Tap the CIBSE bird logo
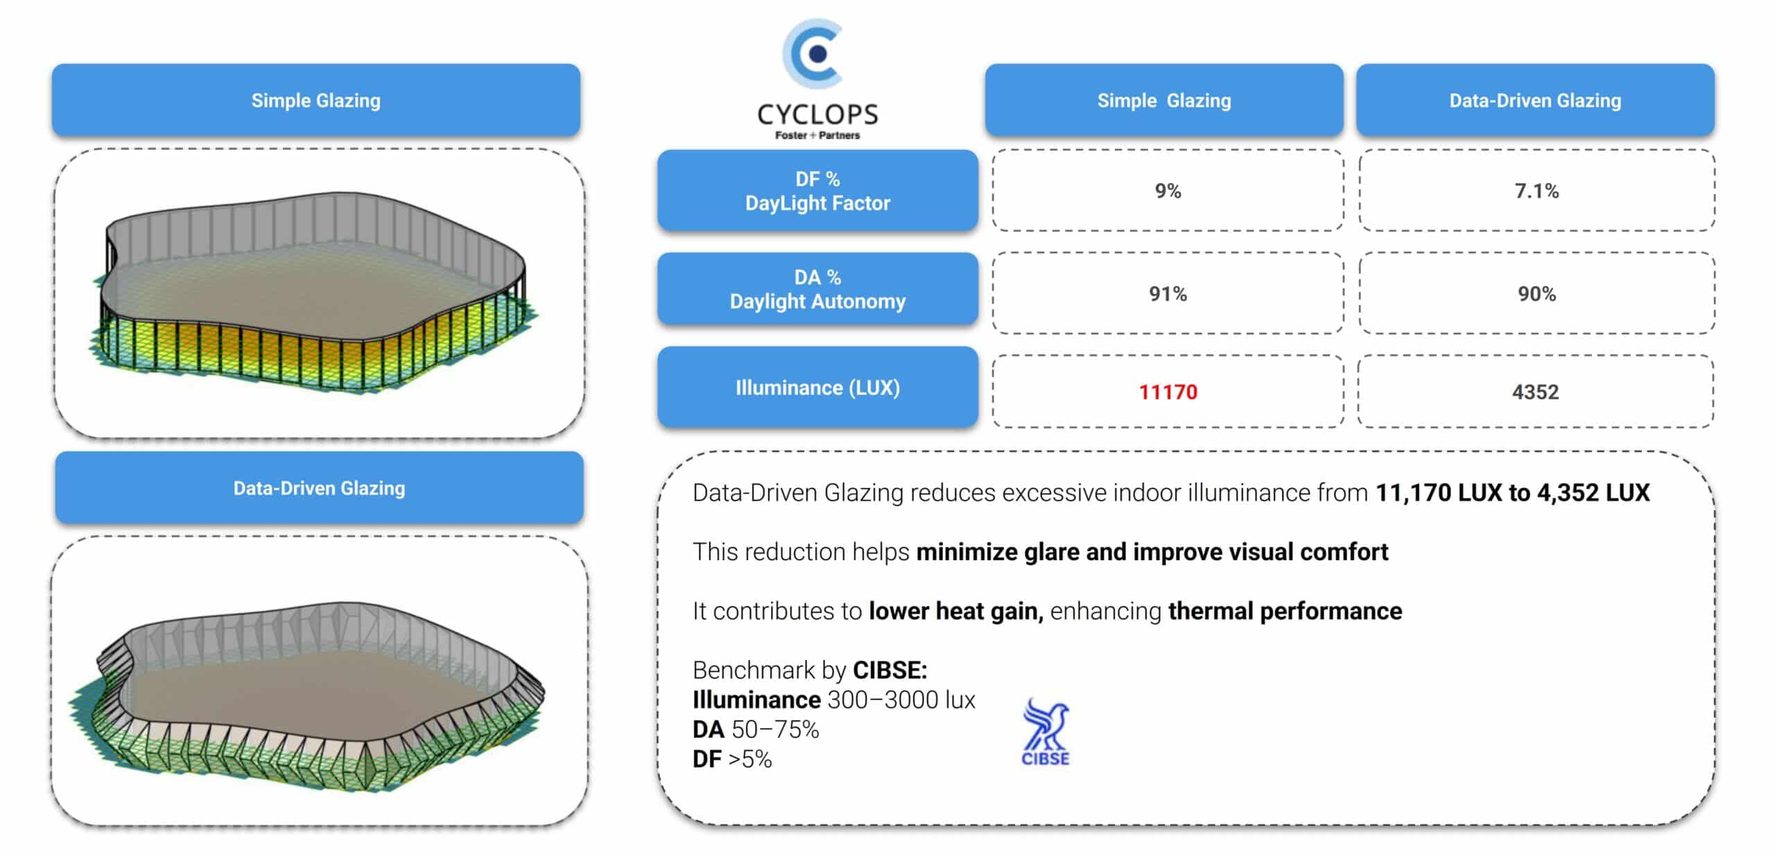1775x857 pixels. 1046,732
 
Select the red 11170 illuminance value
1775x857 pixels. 1168,392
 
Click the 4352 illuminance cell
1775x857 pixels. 1535,392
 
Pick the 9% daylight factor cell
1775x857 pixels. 1168,191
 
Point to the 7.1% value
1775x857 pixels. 1536,191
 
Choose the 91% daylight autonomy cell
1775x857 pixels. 1168,293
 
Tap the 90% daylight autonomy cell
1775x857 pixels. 1536,293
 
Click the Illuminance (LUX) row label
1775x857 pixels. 817,387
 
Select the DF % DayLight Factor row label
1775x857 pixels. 817,190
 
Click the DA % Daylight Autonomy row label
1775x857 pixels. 817,288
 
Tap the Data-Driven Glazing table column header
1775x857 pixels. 1535,100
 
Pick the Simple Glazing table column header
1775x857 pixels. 1164,100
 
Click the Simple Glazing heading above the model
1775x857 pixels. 316,100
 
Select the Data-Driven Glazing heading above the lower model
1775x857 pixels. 319,487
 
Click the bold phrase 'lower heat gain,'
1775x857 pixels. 956,611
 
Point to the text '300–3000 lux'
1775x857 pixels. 901,700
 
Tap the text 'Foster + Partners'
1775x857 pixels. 817,135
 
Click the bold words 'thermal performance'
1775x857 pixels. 1285,611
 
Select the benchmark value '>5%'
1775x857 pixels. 750,759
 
